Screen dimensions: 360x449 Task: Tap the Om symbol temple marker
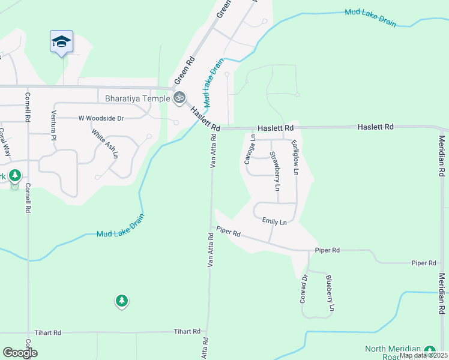coord(178,97)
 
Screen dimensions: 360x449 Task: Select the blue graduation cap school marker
coord(61,42)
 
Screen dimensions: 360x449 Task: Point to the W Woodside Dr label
coord(101,119)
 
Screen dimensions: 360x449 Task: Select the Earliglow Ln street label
coord(295,158)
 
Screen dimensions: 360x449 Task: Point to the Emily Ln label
coord(274,221)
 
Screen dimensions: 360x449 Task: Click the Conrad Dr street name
coord(304,289)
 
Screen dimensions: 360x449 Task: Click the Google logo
coord(20,353)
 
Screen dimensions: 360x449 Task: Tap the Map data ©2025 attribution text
coord(423,355)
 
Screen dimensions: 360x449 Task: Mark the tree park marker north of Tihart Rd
coord(122,300)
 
